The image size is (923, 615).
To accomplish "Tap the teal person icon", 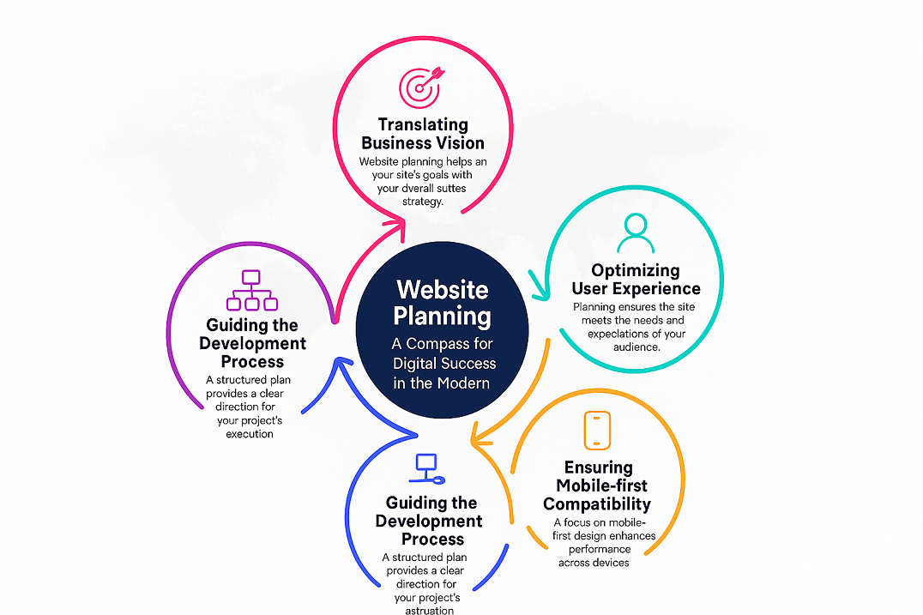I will (633, 229).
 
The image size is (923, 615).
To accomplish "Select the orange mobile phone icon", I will (597, 431).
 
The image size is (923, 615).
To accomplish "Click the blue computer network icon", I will (428, 468).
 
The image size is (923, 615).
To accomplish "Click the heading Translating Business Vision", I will (422, 135).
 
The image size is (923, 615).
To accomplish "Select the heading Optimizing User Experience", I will (636, 280).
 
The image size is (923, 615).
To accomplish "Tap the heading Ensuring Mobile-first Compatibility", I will (598, 485).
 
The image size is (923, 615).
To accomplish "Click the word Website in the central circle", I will (442, 289).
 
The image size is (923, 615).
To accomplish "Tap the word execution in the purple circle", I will (250, 434).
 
